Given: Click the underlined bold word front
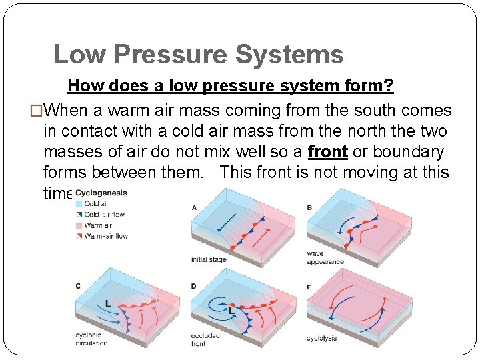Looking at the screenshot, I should pos(328,151).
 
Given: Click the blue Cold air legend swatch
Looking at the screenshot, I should pos(79,204).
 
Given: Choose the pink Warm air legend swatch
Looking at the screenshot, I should pos(79,225).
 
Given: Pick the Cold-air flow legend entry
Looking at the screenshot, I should pos(104,215).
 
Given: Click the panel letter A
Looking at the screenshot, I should pos(194,207).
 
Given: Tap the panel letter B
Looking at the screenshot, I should pos(309,207).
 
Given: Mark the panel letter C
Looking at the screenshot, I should pos(78,286).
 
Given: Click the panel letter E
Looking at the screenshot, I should pos(309,287).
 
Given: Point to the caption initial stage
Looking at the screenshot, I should pos(209,259).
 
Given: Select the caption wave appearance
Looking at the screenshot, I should pos(325,257).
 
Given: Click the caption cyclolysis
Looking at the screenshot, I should pos(321,338).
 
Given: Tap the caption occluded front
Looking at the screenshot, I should pos(205,339).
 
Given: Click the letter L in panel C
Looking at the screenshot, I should pos(108,303).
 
